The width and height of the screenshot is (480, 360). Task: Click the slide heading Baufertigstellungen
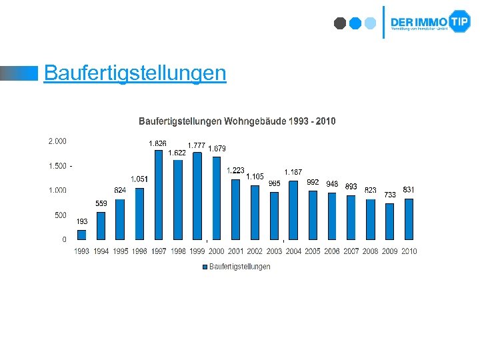point(135,72)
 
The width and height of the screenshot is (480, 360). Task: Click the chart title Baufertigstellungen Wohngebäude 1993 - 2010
point(237,121)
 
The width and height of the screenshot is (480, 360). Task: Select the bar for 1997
point(159,194)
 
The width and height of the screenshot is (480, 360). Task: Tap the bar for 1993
point(81,235)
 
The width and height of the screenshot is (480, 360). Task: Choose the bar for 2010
point(409,219)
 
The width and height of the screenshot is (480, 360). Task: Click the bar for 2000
point(216,198)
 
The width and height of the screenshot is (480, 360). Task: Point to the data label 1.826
point(157,143)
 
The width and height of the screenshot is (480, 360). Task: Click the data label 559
point(101,203)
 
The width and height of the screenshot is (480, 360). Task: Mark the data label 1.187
point(293,172)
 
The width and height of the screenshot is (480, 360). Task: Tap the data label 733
point(390,194)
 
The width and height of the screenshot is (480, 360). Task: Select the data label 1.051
point(139,179)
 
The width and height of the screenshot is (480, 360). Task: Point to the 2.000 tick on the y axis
point(57,141)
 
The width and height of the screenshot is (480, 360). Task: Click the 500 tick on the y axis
point(59,215)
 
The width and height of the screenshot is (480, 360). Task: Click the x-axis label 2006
point(331,251)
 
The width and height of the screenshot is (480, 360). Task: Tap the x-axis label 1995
point(120,251)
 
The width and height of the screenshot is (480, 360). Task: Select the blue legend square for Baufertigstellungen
point(205,267)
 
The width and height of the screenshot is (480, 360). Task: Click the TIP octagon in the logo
point(459,21)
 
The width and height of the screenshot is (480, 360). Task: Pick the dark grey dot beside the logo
point(340,23)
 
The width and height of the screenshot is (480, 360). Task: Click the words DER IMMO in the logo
point(419,21)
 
